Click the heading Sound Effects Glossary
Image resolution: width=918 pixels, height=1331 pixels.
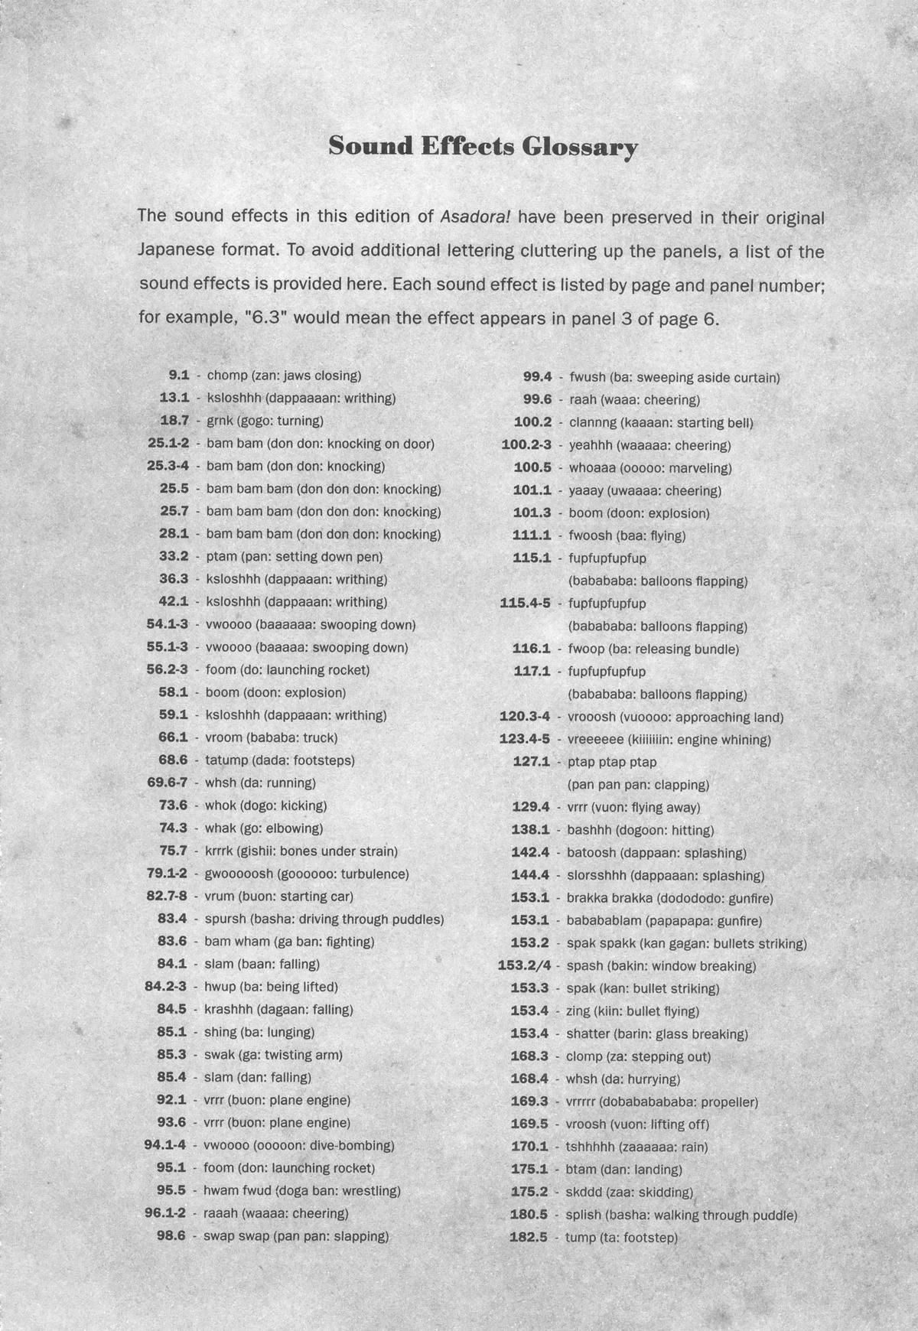tap(483, 147)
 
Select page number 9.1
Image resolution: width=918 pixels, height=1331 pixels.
tap(178, 376)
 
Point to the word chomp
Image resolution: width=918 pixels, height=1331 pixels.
tap(227, 376)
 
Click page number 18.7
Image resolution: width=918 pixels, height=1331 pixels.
tap(174, 421)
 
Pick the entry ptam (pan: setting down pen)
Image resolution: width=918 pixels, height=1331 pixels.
tap(295, 557)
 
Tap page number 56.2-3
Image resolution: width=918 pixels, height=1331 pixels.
tap(167, 670)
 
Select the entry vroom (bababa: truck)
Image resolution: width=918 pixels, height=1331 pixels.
tap(272, 738)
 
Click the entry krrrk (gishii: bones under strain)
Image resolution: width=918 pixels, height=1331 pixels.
tap(301, 851)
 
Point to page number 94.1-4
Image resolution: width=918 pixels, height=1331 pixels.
tap(165, 1146)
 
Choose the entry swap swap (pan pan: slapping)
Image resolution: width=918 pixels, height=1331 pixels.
tap(296, 1236)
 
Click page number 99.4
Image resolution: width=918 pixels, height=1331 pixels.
tap(537, 377)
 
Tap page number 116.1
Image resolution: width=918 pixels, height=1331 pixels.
tap(531, 649)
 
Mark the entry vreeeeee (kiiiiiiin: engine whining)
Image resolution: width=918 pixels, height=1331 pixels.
tap(669, 740)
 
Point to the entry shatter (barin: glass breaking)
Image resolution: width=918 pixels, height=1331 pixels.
tap(657, 1034)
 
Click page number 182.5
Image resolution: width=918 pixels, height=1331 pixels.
tap(529, 1238)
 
